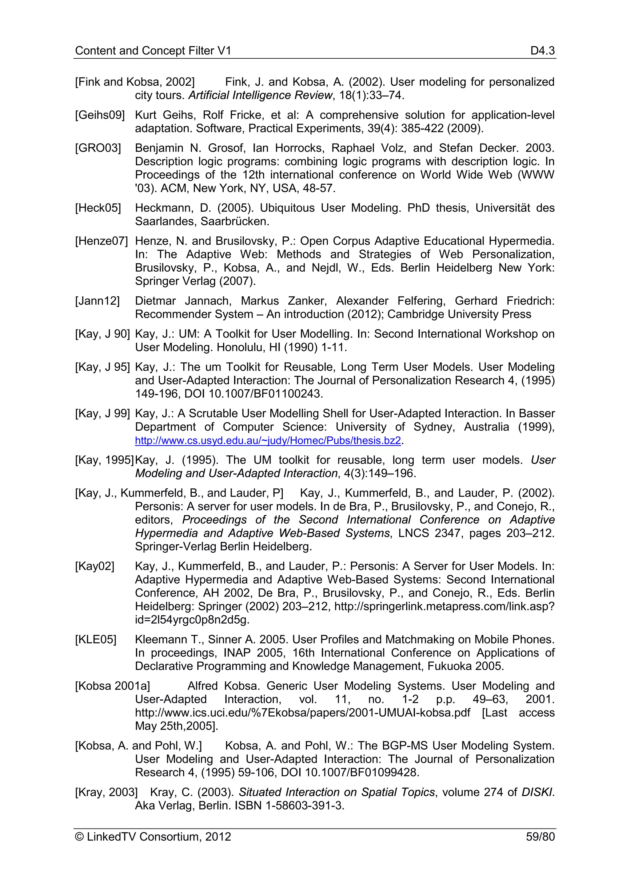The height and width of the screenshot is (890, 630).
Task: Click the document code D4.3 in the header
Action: (x=542, y=51)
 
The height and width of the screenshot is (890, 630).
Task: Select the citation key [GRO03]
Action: (x=98, y=148)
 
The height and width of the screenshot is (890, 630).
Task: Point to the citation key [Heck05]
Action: (x=98, y=208)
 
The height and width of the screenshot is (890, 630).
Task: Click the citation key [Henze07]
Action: (x=101, y=241)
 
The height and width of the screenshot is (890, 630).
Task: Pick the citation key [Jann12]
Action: (x=98, y=301)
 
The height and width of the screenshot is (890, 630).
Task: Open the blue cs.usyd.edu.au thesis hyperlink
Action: (x=268, y=441)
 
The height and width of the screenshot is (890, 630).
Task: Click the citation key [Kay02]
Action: (x=95, y=566)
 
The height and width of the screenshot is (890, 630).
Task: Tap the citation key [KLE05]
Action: (x=95, y=640)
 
